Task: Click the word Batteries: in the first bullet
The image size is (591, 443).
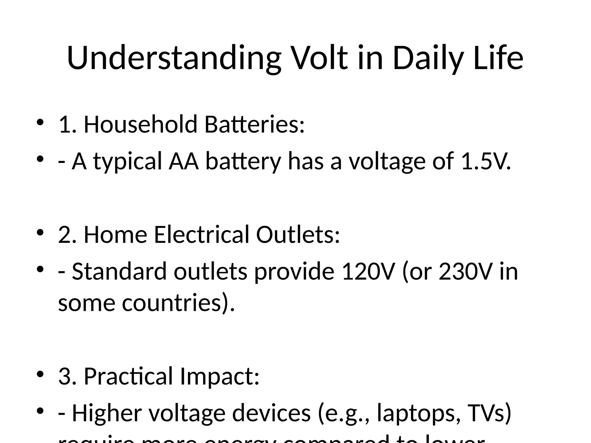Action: (254, 124)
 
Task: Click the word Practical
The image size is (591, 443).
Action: (128, 376)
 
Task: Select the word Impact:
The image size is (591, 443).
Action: (220, 376)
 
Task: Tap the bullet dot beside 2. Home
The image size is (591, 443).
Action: (40, 232)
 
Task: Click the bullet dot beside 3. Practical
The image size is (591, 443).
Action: (40, 374)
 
